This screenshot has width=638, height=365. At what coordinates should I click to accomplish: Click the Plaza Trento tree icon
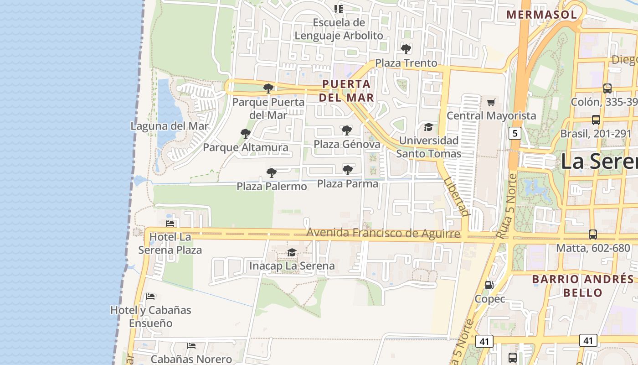tap(406, 49)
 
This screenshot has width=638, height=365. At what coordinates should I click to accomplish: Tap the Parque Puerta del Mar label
tap(268, 109)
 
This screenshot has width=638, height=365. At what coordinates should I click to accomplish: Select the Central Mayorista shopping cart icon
tap(491, 102)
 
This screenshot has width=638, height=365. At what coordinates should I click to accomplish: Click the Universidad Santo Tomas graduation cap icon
tap(428, 127)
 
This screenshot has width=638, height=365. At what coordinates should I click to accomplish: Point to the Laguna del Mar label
tap(170, 126)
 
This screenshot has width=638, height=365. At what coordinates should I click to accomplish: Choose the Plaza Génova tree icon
tap(346, 130)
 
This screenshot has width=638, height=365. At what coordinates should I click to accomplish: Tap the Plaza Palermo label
tap(272, 186)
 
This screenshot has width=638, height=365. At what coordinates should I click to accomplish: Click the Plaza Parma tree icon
tap(347, 170)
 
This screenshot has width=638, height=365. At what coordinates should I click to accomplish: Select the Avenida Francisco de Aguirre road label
tap(383, 233)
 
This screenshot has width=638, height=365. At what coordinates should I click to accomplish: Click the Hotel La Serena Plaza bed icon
tap(170, 224)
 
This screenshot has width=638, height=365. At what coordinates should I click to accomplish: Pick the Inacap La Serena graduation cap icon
tap(292, 252)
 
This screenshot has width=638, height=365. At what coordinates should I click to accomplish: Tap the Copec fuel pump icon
tap(489, 285)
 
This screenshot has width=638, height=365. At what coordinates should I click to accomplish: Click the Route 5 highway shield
tap(515, 133)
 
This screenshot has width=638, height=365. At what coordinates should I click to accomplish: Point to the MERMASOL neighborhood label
tap(541, 15)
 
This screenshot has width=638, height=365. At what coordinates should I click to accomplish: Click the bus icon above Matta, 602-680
tap(592, 235)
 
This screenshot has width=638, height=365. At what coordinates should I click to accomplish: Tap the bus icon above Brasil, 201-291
tap(596, 120)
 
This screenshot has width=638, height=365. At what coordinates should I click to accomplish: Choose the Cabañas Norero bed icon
tap(191, 346)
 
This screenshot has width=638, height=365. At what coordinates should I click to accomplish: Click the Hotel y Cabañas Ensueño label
tap(150, 317)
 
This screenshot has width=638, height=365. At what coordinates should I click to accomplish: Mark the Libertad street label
tap(456, 197)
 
